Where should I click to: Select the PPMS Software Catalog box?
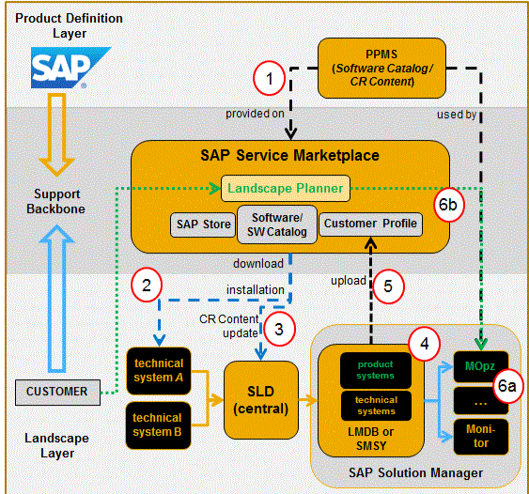[x=381, y=69]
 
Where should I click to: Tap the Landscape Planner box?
[x=286, y=188]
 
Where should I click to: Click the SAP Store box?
[x=203, y=224]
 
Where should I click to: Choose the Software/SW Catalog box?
[x=277, y=224]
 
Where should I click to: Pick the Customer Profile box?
[x=370, y=224]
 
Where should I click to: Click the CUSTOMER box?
[x=57, y=393]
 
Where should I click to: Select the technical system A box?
[x=159, y=371]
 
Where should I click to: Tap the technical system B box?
[x=158, y=425]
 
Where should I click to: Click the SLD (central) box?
[x=261, y=400]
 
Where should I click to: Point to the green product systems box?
[x=376, y=370]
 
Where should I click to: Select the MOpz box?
[x=481, y=366]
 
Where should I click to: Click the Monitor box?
[x=481, y=437]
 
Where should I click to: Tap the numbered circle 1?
[x=270, y=79]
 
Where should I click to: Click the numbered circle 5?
[x=388, y=286]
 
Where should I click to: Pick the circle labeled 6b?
[x=448, y=205]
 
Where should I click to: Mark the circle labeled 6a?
[x=507, y=386]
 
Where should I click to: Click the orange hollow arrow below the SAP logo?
[x=56, y=135]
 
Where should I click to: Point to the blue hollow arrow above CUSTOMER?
[x=57, y=299]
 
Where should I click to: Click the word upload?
[x=349, y=281]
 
